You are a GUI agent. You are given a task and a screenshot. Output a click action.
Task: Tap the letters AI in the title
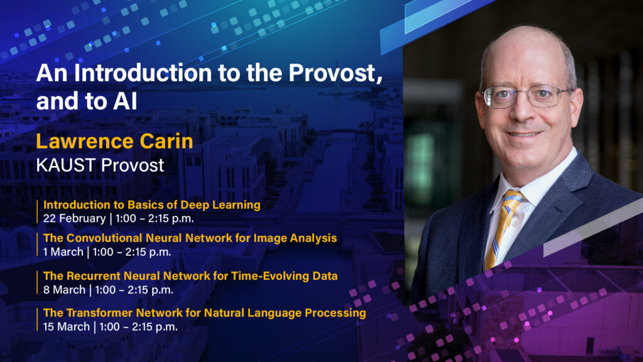click(x=125, y=101)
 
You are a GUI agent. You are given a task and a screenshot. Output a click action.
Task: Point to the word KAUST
click(x=65, y=165)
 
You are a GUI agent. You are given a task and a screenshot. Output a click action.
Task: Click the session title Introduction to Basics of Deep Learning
click(x=152, y=205)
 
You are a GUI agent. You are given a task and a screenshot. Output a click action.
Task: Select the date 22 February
click(x=74, y=218)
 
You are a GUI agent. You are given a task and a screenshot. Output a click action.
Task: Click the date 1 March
click(x=63, y=251)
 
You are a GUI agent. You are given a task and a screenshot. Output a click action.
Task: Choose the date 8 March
click(x=64, y=290)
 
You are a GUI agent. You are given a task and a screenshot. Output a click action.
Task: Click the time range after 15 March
click(x=139, y=327)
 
